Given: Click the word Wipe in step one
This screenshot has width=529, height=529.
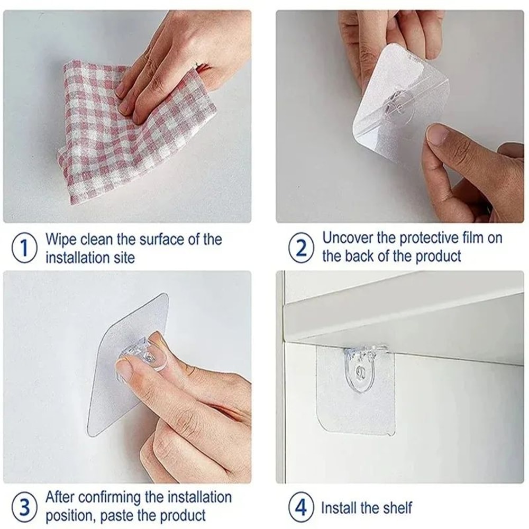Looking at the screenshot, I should click(x=60, y=239).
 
